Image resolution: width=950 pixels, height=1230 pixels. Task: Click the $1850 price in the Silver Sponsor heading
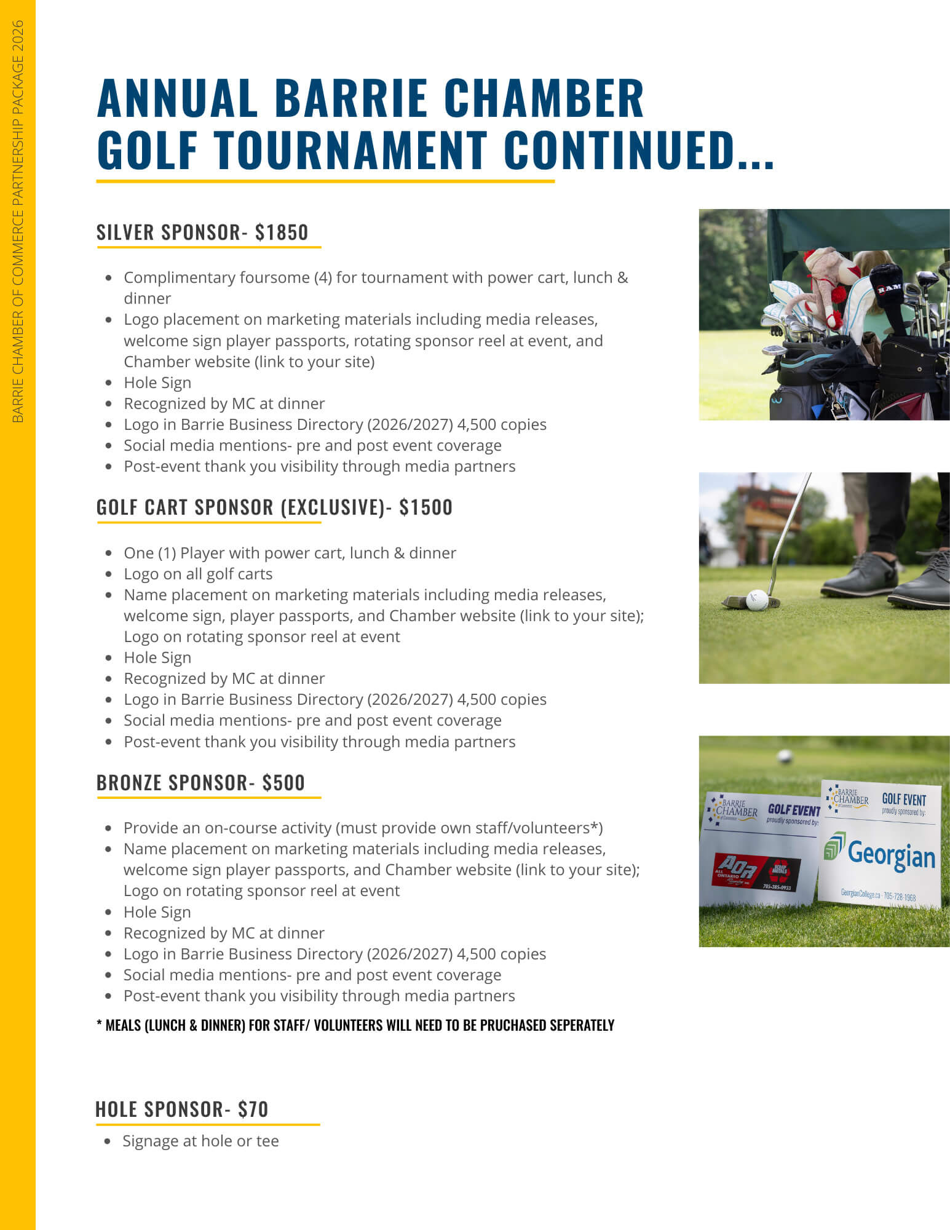click(282, 232)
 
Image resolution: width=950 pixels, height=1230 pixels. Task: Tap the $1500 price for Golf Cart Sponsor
click(426, 507)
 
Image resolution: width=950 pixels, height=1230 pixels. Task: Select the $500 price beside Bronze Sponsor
click(283, 782)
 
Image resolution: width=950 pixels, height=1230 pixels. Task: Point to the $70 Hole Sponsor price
click(253, 1109)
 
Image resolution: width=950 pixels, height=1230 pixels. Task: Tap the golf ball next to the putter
click(757, 600)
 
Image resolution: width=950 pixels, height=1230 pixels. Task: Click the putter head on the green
click(735, 601)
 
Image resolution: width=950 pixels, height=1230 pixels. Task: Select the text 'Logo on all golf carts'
click(198, 574)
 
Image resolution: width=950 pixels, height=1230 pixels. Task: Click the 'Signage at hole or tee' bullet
click(200, 1141)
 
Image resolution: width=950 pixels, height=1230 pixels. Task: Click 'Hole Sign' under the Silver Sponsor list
click(157, 383)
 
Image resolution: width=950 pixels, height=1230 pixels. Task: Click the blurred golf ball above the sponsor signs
click(784, 755)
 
